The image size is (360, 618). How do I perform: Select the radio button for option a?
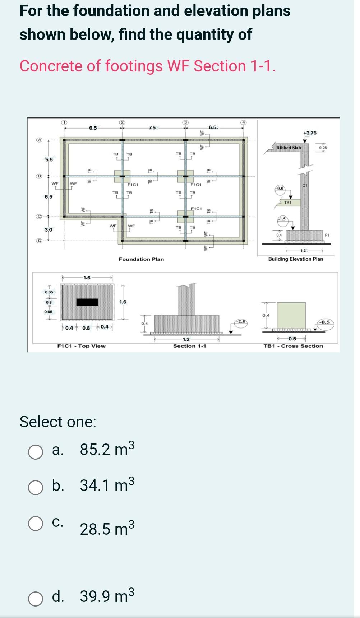tap(36, 452)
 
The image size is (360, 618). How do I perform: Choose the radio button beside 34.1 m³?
tap(36, 487)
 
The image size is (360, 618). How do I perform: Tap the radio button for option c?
tap(36, 524)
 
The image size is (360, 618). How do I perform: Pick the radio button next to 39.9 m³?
tap(36, 599)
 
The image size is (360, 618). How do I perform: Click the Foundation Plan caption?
tap(141, 259)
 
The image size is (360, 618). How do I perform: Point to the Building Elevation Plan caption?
tap(295, 259)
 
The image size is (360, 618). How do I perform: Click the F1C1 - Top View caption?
tap(82, 346)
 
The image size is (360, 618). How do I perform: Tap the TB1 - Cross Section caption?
tap(293, 346)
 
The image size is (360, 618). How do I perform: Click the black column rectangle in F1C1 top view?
tap(87, 302)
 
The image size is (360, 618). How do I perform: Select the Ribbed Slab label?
tap(289, 148)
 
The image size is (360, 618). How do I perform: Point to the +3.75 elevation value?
tap(310, 133)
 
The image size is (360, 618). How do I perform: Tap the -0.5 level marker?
tap(326, 322)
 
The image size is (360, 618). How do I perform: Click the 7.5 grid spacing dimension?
tap(152, 128)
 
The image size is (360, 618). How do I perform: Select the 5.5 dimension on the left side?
tap(49, 159)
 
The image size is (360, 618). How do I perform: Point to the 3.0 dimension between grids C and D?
tap(49, 230)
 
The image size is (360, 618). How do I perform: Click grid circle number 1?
tap(64, 122)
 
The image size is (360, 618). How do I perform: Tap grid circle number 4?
tap(244, 122)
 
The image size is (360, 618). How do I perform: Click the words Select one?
tap(58, 422)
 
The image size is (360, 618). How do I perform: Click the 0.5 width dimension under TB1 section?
tap(292, 339)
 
